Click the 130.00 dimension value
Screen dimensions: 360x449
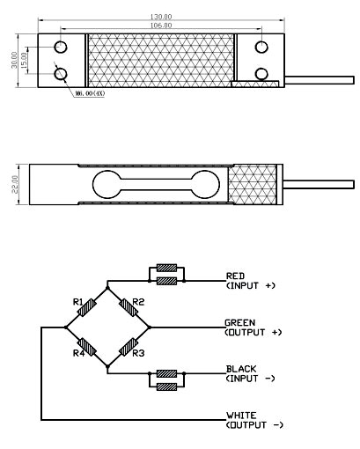(x=161, y=17)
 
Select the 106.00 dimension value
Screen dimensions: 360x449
(x=161, y=26)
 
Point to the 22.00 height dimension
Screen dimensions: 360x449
(x=15, y=184)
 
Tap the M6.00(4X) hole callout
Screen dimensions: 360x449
(x=90, y=93)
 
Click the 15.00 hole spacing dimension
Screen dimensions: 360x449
(x=24, y=60)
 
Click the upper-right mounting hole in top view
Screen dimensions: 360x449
(x=261, y=47)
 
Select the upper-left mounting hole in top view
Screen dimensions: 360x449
(x=61, y=47)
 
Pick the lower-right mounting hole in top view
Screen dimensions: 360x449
(x=261, y=74)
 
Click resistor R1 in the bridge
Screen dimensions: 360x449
(x=88, y=307)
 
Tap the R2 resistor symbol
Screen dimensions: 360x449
(x=129, y=307)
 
